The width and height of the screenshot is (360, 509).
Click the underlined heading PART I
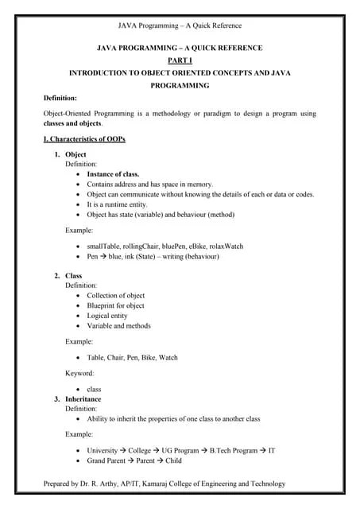click(x=179, y=60)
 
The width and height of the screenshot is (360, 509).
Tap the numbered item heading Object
click(x=75, y=154)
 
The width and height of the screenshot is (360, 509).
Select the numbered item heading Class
click(x=73, y=275)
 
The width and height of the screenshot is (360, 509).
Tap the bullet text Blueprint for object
click(x=115, y=305)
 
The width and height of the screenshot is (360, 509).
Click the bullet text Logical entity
click(x=107, y=316)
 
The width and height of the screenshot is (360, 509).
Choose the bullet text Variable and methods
click(x=118, y=325)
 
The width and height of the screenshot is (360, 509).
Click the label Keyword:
click(x=79, y=373)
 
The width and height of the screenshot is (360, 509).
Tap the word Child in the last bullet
click(x=173, y=461)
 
